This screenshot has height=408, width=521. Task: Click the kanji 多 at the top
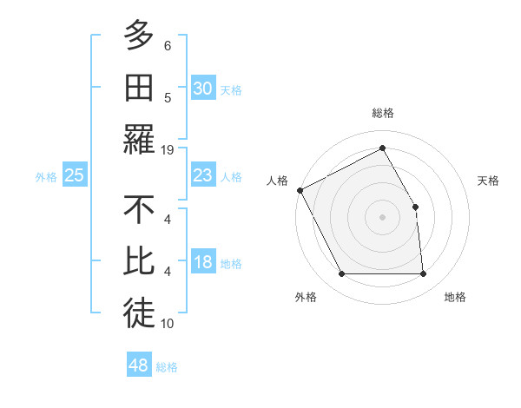138,36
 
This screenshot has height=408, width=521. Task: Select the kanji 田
138,88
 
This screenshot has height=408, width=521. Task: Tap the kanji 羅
138,139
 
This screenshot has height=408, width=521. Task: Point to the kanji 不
138,211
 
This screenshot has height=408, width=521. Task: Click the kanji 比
138,262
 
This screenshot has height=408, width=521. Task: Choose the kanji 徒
138,314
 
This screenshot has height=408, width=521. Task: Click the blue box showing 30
202,89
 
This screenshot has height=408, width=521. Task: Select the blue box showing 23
202,176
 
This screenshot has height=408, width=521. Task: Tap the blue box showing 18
202,263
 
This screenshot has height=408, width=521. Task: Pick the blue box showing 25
75,176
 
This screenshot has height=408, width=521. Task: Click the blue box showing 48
138,365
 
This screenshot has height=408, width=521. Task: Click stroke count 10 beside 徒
168,324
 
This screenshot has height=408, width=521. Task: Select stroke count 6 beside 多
168,45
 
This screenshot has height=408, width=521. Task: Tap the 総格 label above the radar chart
382,113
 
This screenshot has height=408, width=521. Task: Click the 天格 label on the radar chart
489,181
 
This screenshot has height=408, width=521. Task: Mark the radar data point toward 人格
300,190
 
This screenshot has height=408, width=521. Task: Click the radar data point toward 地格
423,274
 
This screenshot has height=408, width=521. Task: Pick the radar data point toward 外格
341,274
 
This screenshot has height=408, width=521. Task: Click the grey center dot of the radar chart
382,217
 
